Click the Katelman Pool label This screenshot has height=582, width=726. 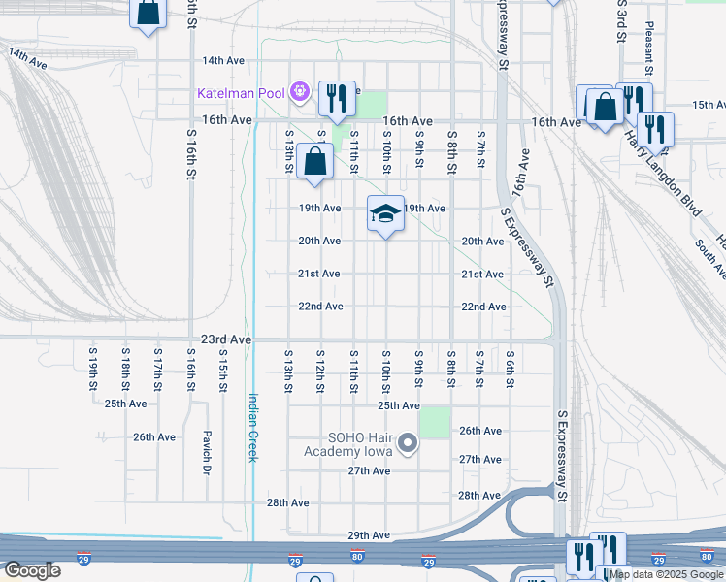click(x=241, y=93)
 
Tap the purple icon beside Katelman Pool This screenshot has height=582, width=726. click(x=299, y=93)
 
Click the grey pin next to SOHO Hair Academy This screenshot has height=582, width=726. click(x=408, y=445)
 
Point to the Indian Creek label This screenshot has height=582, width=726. click(x=252, y=427)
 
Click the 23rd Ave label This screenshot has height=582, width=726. click(x=226, y=340)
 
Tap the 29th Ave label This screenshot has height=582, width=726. click(x=369, y=535)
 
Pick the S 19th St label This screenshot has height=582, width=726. click(x=93, y=370)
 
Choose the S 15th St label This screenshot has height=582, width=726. click(x=222, y=370)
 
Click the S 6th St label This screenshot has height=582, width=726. click(x=510, y=370)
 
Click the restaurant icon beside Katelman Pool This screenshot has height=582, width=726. click(x=337, y=97)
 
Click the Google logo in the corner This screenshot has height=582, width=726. click(x=32, y=570)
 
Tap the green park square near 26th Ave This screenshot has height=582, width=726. click(x=435, y=422)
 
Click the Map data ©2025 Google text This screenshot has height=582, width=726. click(x=667, y=574)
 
